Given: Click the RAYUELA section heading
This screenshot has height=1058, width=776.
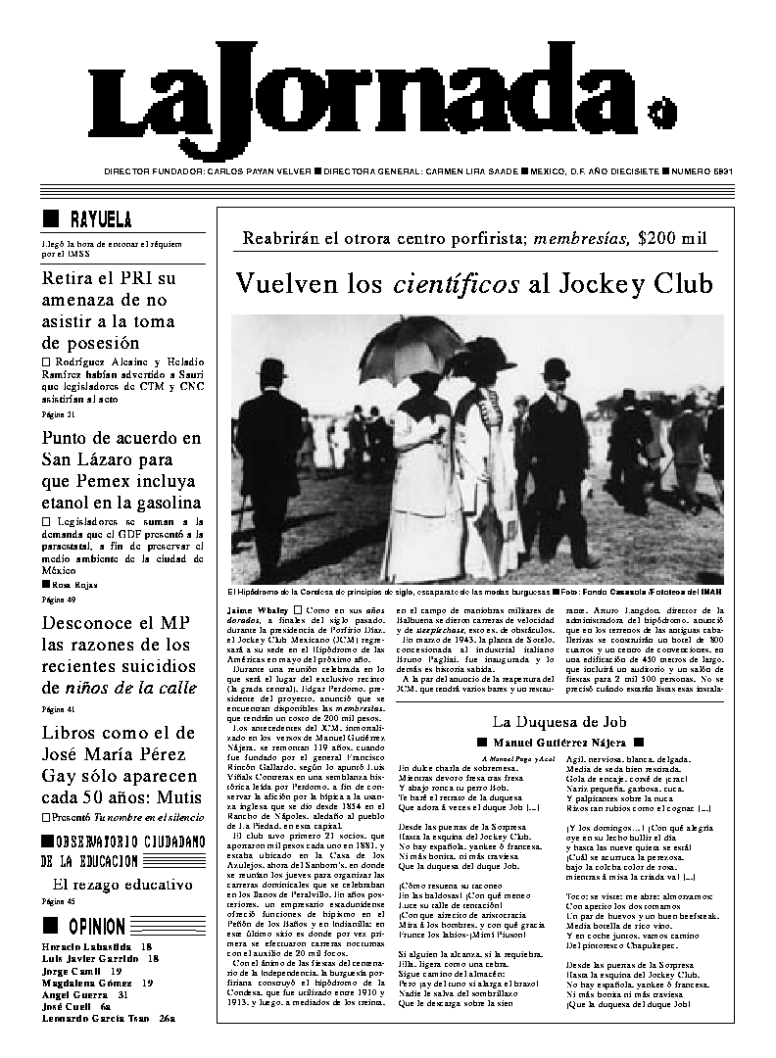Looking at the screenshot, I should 101,218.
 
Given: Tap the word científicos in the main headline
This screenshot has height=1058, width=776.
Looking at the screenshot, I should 457,284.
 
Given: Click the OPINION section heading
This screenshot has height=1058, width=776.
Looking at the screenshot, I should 97,927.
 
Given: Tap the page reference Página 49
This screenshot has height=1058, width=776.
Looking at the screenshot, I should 58,598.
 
